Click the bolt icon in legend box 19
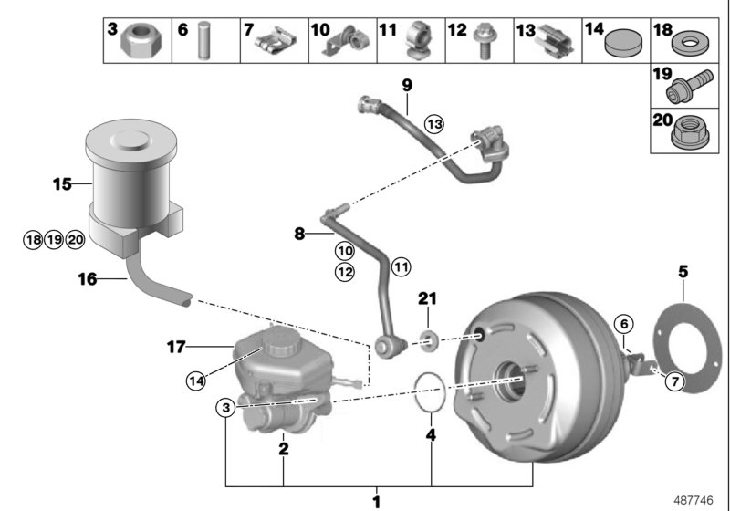click(x=692, y=89)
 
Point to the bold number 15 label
click(x=60, y=183)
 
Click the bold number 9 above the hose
click(x=407, y=86)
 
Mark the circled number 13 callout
click(x=433, y=123)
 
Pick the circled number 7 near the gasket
click(x=673, y=382)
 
